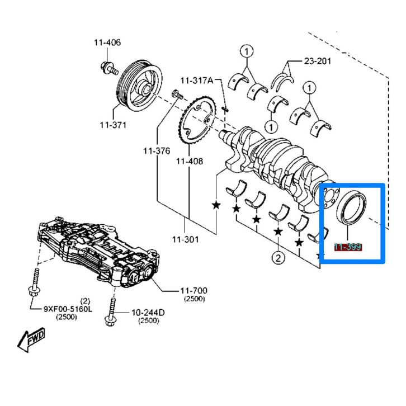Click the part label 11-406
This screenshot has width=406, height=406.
click(107, 43)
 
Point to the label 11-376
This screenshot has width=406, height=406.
click(156, 150)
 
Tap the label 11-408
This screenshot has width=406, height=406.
click(189, 161)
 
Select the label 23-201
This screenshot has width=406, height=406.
click(317, 61)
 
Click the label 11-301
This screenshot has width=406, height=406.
click(185, 240)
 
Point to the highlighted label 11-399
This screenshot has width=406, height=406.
click(348, 247)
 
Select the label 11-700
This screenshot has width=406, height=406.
click(193, 290)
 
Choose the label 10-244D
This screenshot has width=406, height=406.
click(148, 312)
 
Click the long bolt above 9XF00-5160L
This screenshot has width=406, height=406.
click(35, 282)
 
